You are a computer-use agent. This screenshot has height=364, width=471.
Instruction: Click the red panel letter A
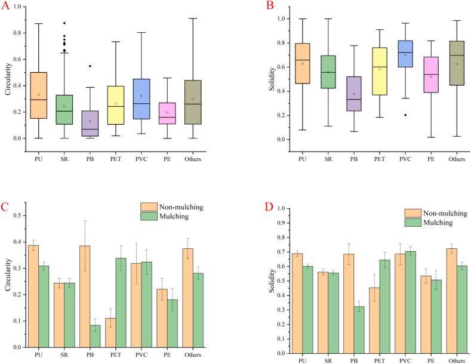click(7, 8)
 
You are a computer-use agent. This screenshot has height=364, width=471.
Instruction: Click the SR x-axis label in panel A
click(64, 159)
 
